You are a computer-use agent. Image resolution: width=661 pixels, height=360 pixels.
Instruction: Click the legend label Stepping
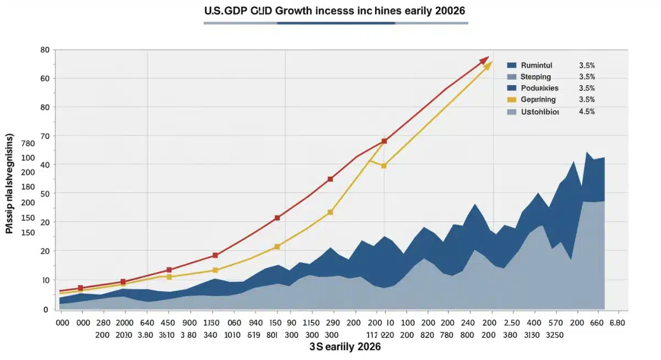pyautogui.click(x=535, y=77)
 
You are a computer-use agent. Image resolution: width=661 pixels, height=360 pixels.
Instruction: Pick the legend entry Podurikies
pyautogui.click(x=539, y=88)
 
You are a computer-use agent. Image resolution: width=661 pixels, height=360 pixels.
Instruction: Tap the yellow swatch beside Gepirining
pyautogui.click(x=512, y=100)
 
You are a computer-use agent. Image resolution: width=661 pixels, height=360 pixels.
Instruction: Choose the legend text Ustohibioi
pyautogui.click(x=540, y=112)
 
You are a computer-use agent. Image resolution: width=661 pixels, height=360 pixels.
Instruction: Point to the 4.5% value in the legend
pyautogui.click(x=587, y=112)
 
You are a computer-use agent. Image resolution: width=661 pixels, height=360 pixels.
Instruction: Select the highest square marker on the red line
pyautogui.click(x=384, y=141)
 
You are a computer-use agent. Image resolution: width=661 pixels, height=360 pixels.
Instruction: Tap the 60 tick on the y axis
pyautogui.click(x=45, y=79)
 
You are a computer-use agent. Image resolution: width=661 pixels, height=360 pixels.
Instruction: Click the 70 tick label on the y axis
pyautogui.click(x=45, y=136)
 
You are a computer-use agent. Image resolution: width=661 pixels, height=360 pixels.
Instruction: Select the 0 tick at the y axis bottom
pyautogui.click(x=47, y=310)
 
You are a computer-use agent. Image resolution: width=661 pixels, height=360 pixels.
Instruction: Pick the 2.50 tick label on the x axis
pyautogui.click(x=512, y=323)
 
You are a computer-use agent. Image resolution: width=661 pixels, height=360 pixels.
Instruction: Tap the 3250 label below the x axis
pyautogui.click(x=562, y=334)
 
